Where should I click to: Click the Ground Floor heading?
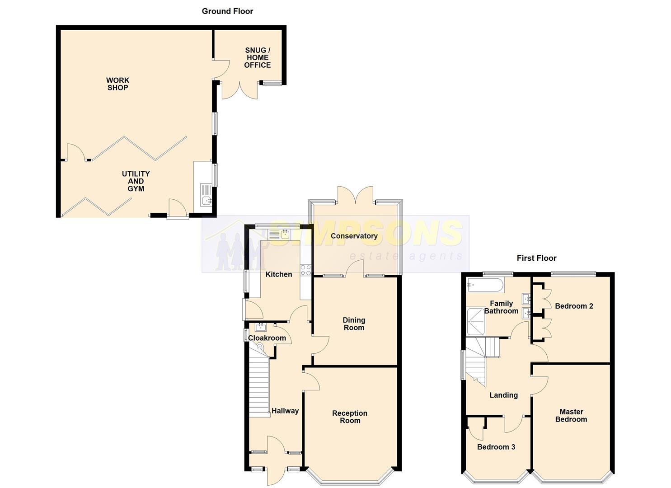click(x=227, y=11)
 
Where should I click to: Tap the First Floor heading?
click(x=536, y=258)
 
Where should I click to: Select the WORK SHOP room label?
click(x=118, y=84)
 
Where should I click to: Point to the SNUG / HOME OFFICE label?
click(x=257, y=57)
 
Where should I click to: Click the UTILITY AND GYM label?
click(x=136, y=181)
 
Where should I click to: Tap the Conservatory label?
click(x=354, y=236)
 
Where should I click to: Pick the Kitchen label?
click(x=279, y=274)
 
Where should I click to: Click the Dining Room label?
click(x=354, y=324)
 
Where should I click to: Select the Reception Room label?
click(x=350, y=417)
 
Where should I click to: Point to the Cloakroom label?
click(x=267, y=338)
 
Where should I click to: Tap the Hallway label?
click(x=285, y=411)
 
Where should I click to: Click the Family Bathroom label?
click(x=501, y=307)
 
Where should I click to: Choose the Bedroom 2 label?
click(x=574, y=306)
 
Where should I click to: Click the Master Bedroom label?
click(x=571, y=416)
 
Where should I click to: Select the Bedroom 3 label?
click(x=496, y=447)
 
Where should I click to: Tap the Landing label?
click(x=503, y=395)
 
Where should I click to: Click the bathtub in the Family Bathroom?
click(x=485, y=286)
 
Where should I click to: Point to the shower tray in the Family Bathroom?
click(x=476, y=321)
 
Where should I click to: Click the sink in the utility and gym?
click(x=206, y=200)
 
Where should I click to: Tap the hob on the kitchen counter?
click(x=305, y=270)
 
